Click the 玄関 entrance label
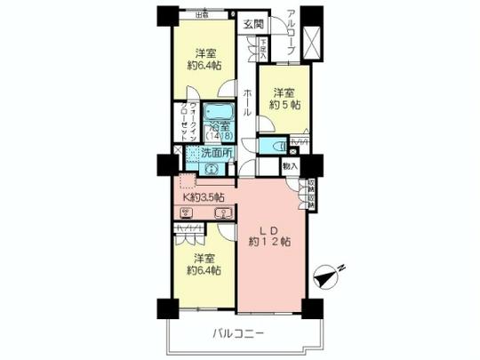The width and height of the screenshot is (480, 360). pyautogui.click(x=253, y=24)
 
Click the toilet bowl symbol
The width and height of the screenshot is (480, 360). pyautogui.click(x=276, y=146)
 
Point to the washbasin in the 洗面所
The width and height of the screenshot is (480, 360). pyautogui.click(x=212, y=173)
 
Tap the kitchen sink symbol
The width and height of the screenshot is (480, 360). pyautogui.click(x=224, y=212)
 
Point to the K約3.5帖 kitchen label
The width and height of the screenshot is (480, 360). pyautogui.click(x=204, y=196)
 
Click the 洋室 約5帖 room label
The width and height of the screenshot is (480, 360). pyautogui.click(x=284, y=99)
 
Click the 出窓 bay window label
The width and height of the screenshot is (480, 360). pyautogui.click(x=203, y=14)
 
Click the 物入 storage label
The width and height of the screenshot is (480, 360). pyautogui.click(x=290, y=164)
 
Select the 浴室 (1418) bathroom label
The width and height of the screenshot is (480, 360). pyautogui.click(x=219, y=132)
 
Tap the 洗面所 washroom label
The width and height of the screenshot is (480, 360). pyautogui.click(x=216, y=153)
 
